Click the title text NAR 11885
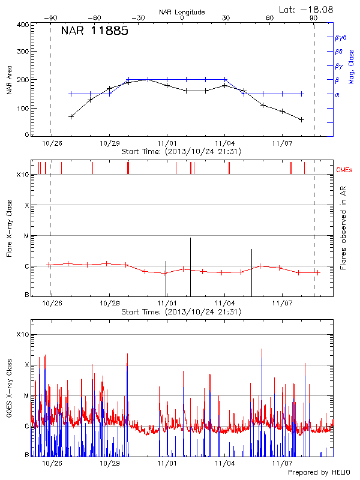point(94,32)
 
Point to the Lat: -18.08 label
point(307,9)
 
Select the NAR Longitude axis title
point(182,11)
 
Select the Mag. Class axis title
point(351,66)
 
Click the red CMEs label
point(346,170)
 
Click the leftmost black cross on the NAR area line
point(71,116)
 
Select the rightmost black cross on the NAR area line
point(301,119)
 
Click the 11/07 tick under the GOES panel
point(282,463)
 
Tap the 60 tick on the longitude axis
point(269,19)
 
